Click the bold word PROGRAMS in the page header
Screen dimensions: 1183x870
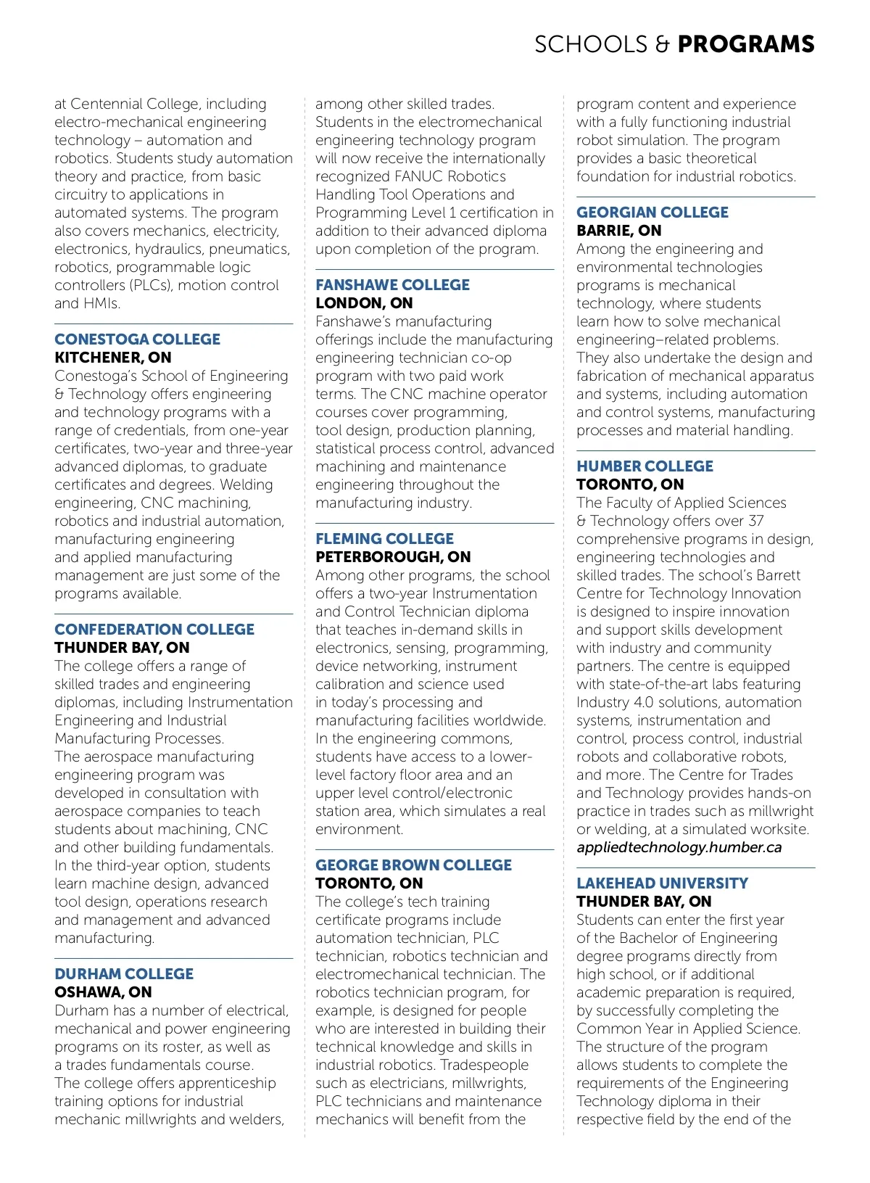(746, 44)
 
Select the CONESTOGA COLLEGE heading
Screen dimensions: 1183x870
(137, 339)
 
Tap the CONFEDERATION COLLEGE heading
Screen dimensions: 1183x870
(154, 630)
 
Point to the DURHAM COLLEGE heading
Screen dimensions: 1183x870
(124, 974)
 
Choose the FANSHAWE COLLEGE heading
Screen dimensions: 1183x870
(392, 285)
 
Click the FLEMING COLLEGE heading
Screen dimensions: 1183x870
(384, 539)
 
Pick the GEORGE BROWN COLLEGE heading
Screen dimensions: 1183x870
(413, 865)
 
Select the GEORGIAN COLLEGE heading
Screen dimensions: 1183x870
(652, 213)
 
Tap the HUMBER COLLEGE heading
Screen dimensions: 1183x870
(645, 466)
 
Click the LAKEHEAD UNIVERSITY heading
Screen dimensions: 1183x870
(662, 883)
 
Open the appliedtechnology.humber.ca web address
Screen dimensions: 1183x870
(679, 847)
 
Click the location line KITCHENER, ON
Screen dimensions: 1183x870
(113, 358)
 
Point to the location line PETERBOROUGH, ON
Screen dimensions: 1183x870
(393, 557)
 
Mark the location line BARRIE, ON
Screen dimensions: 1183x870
(618, 231)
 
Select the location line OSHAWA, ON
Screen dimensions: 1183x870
(103, 992)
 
